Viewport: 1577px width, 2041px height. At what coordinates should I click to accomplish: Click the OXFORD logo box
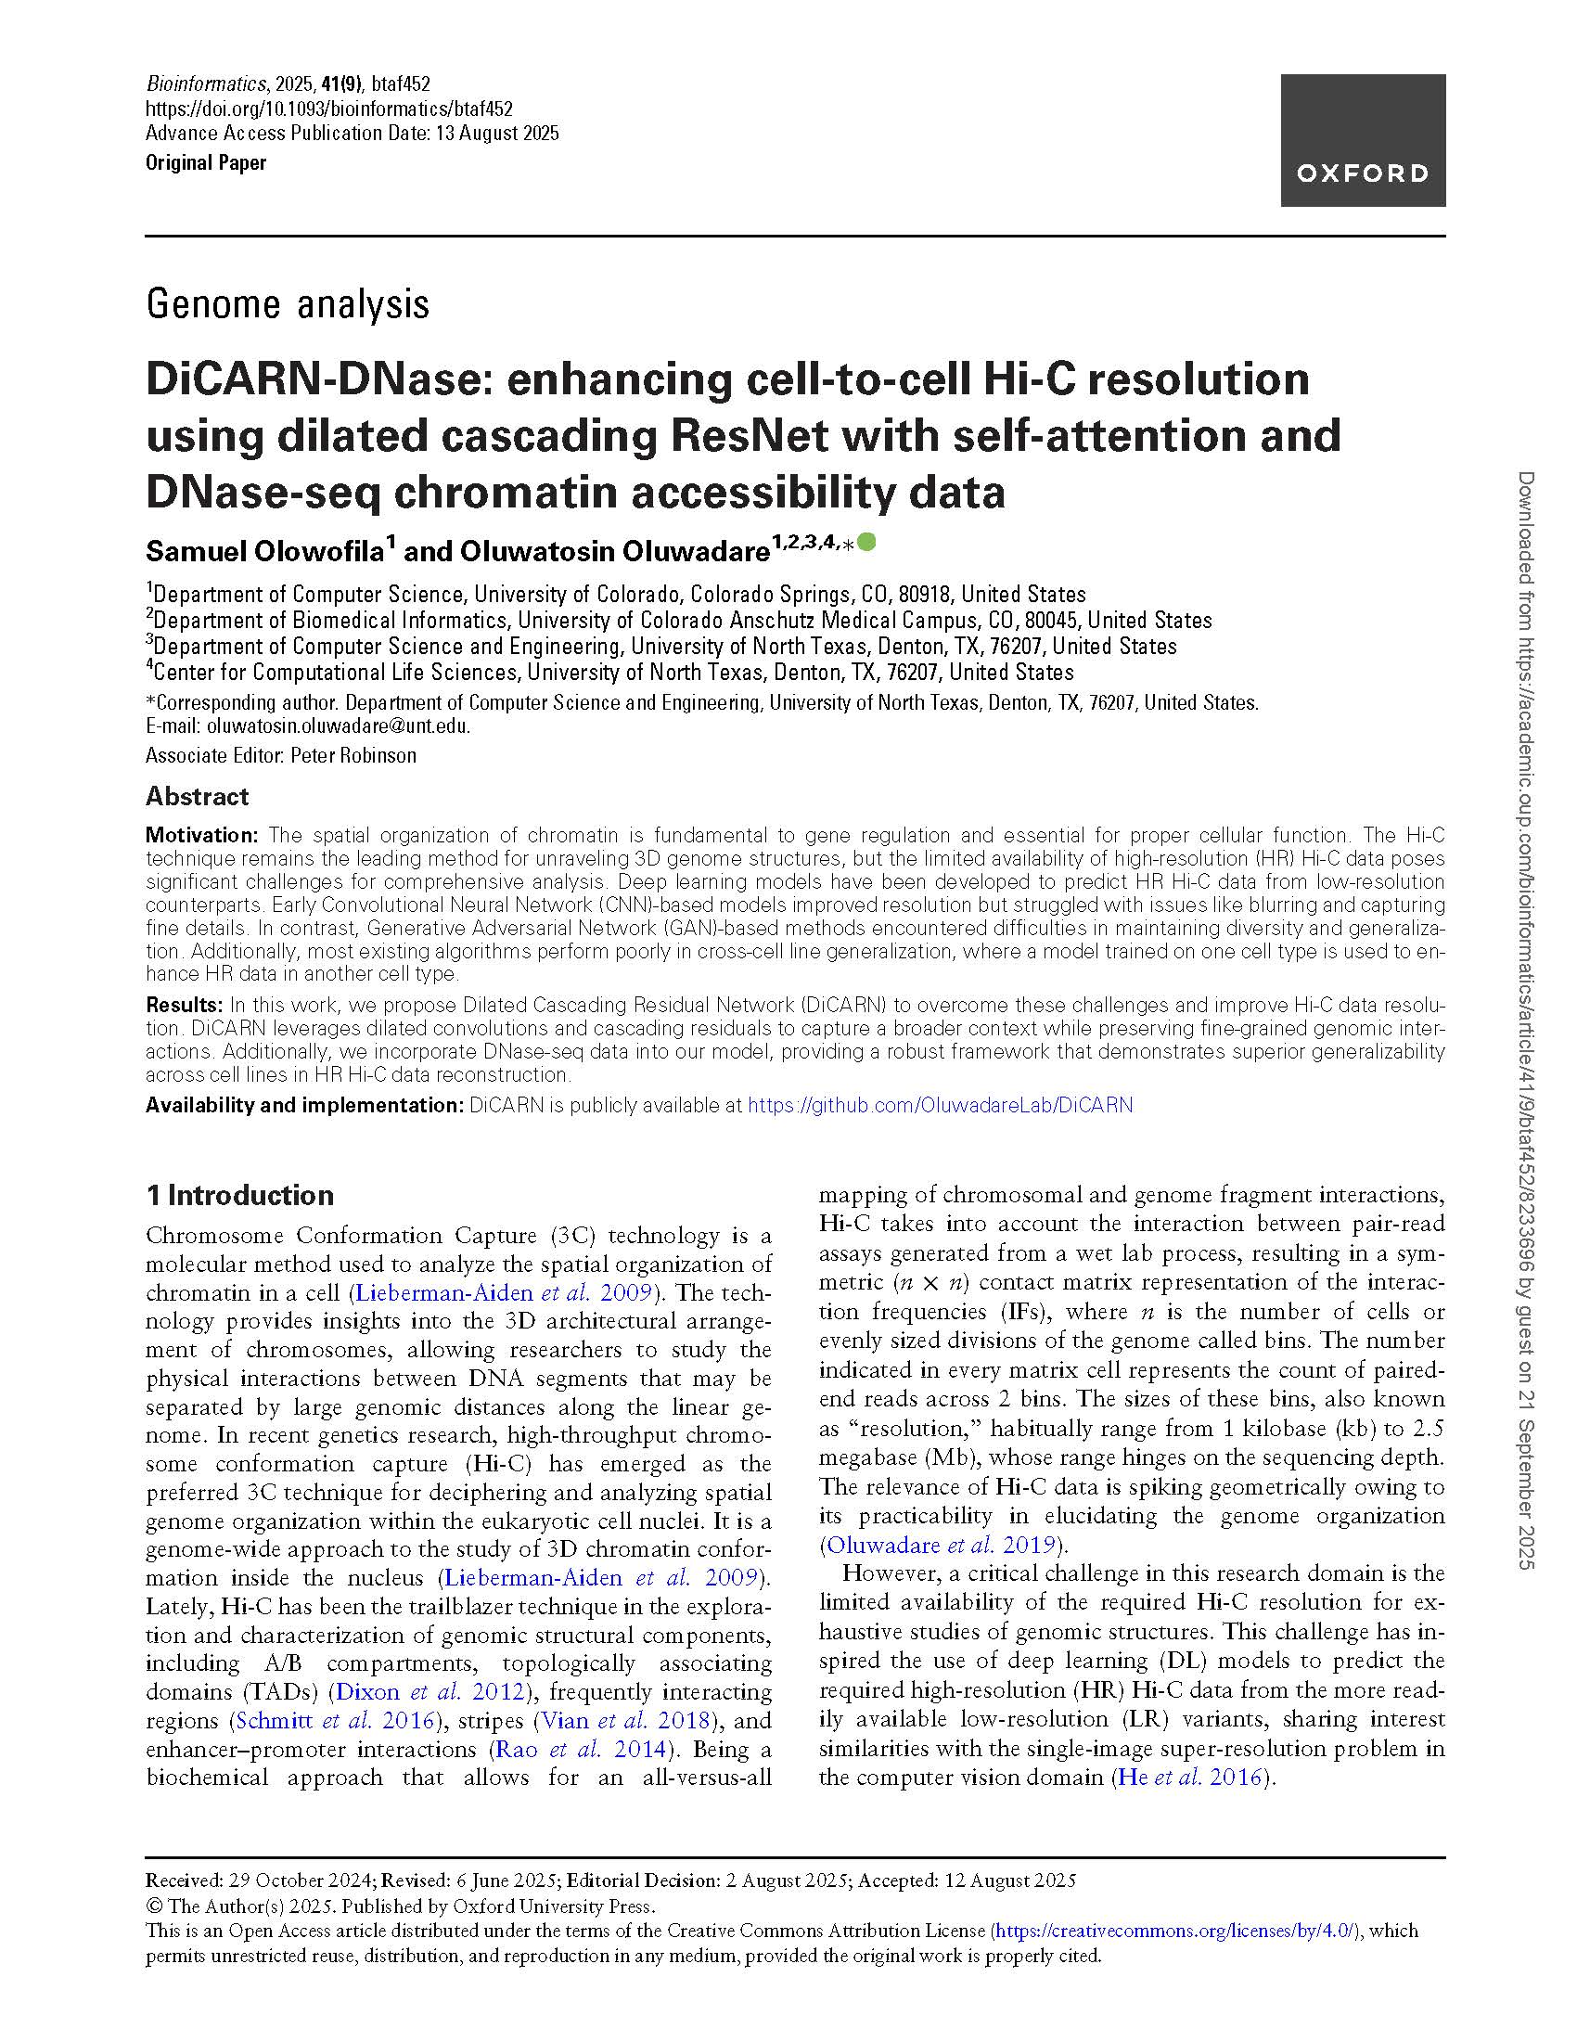coord(1362,140)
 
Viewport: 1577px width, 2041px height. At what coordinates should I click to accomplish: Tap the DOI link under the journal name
coord(329,109)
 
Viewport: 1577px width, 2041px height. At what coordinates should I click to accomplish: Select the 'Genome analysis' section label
coord(288,304)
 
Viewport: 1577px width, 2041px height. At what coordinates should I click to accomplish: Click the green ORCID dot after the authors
coord(866,541)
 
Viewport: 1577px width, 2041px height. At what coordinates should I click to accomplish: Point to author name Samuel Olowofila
coord(265,551)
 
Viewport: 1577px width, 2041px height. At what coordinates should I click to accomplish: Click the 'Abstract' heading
coord(197,796)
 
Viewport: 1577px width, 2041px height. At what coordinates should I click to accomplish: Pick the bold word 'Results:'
coord(184,1006)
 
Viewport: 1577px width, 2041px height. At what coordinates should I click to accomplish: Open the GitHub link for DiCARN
coord(940,1106)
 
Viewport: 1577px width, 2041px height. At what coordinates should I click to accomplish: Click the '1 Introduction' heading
coord(240,1195)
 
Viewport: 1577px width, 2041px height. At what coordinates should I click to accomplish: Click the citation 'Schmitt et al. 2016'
coord(335,1721)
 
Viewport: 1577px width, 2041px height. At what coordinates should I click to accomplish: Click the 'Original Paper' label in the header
coord(206,162)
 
